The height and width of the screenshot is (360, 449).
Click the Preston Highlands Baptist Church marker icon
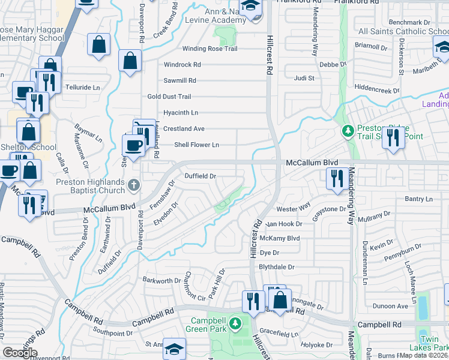[x=133, y=187]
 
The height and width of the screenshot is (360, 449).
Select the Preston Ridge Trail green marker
[x=347, y=130]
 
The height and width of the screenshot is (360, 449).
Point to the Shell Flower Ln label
[x=196, y=145]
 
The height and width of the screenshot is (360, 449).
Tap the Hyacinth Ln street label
[x=181, y=112]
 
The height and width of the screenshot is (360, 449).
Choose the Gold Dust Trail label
[x=169, y=97]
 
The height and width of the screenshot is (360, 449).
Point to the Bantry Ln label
[x=419, y=199]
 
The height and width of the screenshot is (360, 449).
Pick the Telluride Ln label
[x=82, y=87]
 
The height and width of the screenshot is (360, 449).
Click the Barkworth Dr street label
[x=161, y=280]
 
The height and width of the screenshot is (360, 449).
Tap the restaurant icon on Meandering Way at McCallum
[x=334, y=178]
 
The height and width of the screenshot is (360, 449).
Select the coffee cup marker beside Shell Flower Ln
[x=133, y=145]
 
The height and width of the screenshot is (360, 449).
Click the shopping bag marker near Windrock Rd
[x=130, y=60]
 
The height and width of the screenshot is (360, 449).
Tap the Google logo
[x=20, y=353]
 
